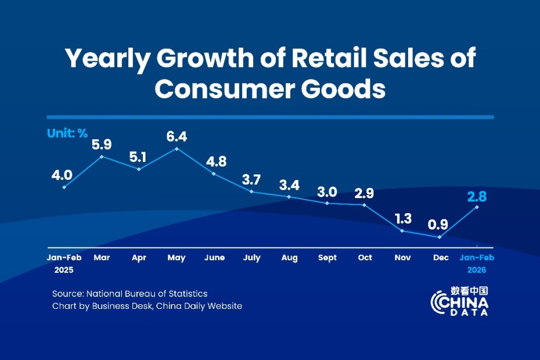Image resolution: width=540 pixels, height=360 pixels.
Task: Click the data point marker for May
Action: click(177, 149)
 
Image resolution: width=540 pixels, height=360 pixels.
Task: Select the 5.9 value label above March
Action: click(102, 143)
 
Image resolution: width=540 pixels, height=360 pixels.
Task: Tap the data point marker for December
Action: click(440, 237)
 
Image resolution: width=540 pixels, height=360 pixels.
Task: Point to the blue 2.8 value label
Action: click(477, 196)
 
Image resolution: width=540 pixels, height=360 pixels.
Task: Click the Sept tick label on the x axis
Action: click(327, 257)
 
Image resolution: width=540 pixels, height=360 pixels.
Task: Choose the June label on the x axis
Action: click(214, 257)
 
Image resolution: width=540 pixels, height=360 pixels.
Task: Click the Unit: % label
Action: click(67, 134)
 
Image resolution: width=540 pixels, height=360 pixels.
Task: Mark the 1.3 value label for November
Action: click(402, 219)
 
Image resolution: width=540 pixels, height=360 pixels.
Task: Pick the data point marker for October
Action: click(365, 204)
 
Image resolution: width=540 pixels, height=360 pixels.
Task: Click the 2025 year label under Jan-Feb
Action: click(64, 270)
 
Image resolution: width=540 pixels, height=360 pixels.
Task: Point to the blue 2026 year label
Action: click(477, 270)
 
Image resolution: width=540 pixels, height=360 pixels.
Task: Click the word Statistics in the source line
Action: click(188, 294)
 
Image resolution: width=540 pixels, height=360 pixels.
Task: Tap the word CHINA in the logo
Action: click(460, 303)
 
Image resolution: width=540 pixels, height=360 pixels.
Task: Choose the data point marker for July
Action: click(252, 191)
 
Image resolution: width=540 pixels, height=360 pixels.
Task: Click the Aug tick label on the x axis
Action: click(289, 257)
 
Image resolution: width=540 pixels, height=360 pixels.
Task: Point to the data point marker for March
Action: click(102, 156)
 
